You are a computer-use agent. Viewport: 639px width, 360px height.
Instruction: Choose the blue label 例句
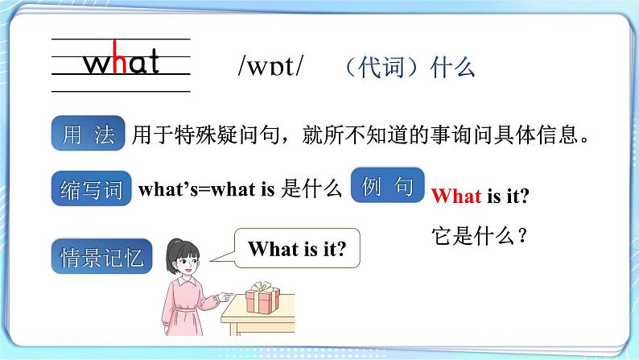pos(388,188)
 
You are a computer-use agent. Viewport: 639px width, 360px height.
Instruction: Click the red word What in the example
pos(456,196)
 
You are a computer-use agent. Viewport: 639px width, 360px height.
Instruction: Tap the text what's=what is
pos(207,190)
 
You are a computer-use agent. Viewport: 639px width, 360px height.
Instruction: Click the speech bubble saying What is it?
pos(297,250)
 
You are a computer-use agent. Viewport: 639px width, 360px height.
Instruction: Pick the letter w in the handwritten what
pos(97,63)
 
